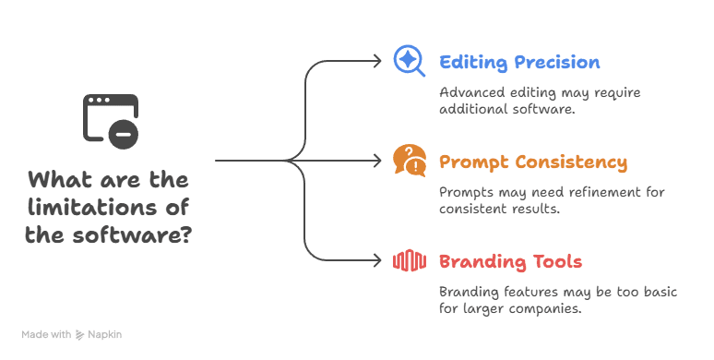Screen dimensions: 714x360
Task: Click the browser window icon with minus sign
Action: [111, 119]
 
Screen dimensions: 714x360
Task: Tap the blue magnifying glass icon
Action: [408, 61]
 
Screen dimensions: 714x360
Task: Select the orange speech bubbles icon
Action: [409, 161]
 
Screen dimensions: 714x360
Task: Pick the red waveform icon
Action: [409, 261]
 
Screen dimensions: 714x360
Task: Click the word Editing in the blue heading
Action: [471, 63]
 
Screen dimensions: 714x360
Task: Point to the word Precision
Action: [554, 63]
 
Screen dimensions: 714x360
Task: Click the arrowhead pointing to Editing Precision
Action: [376, 61]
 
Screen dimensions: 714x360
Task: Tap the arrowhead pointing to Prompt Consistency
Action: [376, 161]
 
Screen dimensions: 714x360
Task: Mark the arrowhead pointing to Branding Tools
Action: [376, 261]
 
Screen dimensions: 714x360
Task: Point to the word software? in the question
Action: [140, 234]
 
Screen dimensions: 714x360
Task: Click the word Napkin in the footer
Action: [105, 334]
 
